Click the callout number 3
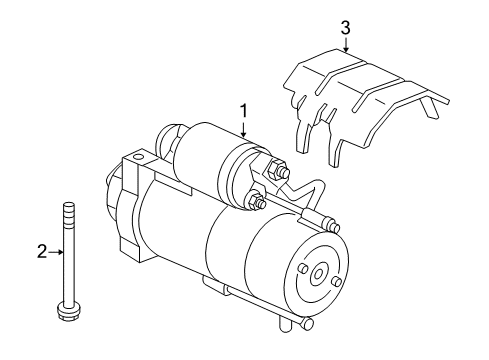click(x=345, y=27)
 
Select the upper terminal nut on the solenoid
click(x=283, y=174)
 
